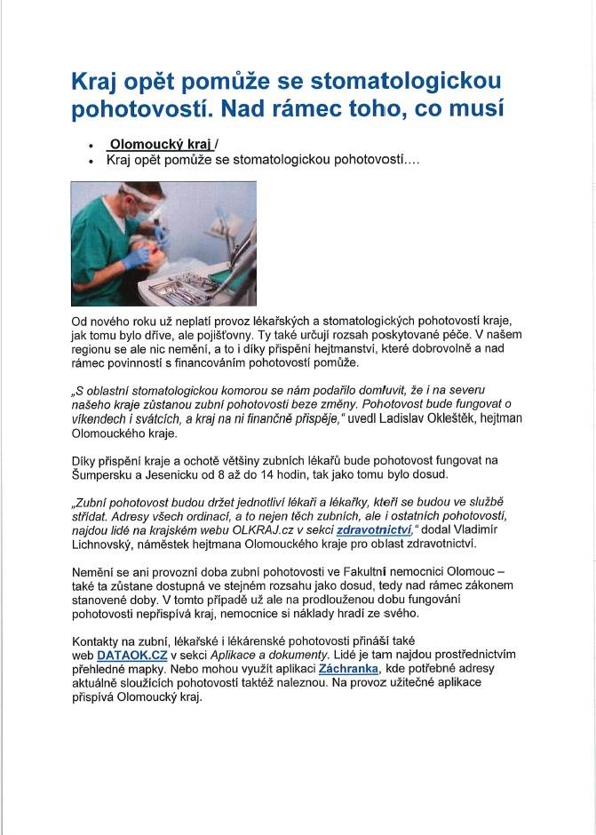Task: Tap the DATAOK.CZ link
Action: coord(132,655)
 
